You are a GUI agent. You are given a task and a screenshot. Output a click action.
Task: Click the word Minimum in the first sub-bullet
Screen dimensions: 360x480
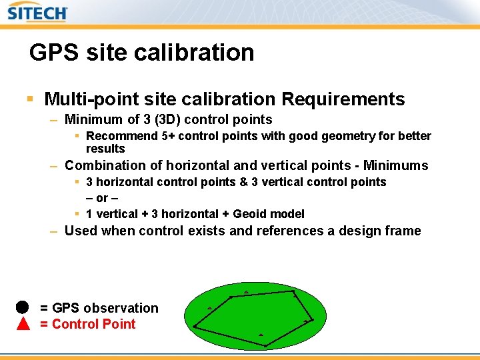click(x=93, y=120)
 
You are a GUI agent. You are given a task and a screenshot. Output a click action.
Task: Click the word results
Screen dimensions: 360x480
click(x=105, y=149)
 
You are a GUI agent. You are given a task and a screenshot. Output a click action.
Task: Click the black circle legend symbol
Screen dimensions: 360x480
click(x=23, y=307)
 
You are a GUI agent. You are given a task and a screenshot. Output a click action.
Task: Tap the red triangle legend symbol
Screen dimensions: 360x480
click(x=23, y=324)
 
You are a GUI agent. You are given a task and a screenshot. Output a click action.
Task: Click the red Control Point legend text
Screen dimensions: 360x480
click(x=93, y=324)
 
